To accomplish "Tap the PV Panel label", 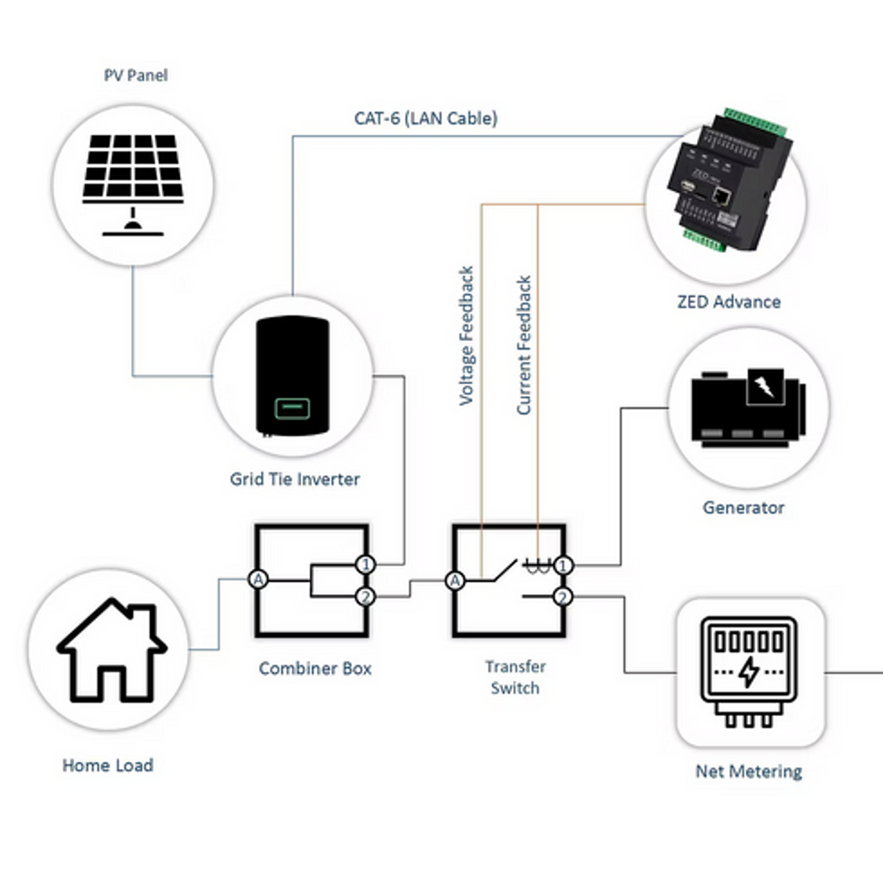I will pos(136,75).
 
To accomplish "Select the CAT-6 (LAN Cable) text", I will pos(425,118).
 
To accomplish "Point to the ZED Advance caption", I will pos(728,302).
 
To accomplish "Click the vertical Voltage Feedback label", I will pos(466,336).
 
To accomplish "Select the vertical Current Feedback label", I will pos(523,345).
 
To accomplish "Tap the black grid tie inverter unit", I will pos(292,376).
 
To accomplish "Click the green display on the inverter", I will pos(292,408).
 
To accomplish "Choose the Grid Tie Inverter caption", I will pos(295,479).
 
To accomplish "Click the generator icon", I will pos(748,406).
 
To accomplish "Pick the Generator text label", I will pos(743,507).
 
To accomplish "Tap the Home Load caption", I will pos(108,766).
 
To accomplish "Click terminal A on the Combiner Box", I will pos(257,580).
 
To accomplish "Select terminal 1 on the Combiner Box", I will pos(366,565).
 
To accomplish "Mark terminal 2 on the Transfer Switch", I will pos(563,597).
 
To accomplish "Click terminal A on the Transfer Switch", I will pos(455,580).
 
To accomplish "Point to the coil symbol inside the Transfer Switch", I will pos(535,566).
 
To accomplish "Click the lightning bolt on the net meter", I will pos(748,671).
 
